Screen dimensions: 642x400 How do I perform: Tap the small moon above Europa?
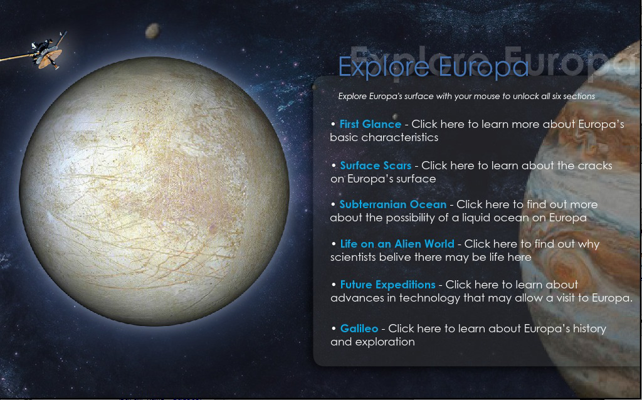(152, 31)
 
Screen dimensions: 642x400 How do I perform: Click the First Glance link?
(370, 124)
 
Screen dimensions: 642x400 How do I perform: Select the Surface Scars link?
(376, 166)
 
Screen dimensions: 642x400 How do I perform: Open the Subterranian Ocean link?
(392, 204)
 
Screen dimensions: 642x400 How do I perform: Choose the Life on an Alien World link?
(397, 244)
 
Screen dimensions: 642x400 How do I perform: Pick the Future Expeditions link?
(387, 285)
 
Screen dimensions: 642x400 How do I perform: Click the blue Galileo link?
(359, 329)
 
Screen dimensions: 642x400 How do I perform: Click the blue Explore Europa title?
(433, 66)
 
